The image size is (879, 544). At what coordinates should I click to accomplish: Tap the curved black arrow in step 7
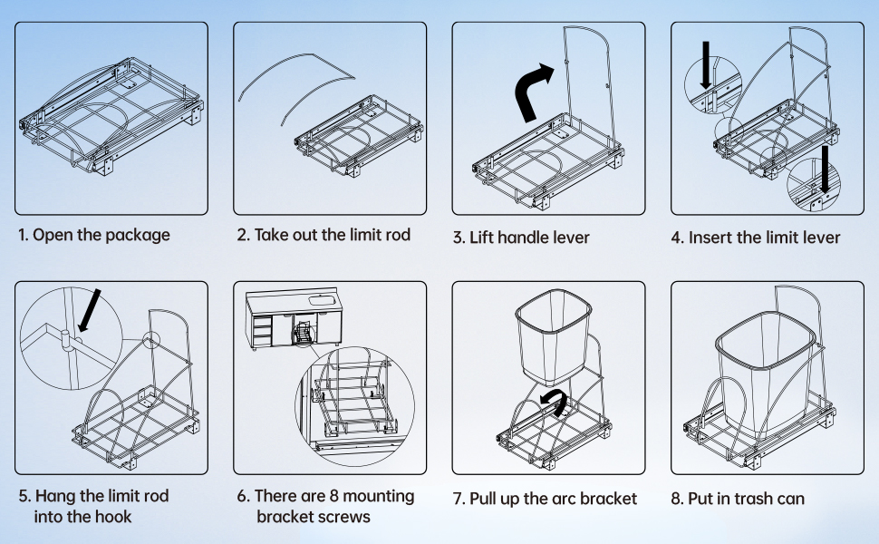[551, 403]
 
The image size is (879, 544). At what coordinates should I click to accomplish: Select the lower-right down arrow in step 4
[825, 169]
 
